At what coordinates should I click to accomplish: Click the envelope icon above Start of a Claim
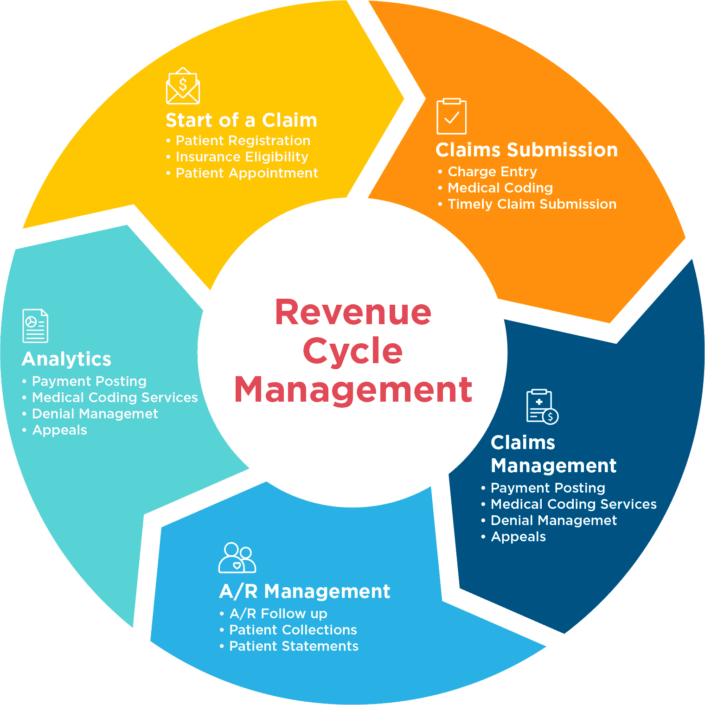(183, 86)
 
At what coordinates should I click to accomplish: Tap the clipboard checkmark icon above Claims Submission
(451, 116)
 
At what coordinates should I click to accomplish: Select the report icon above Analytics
(35, 326)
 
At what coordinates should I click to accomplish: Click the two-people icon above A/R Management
(237, 558)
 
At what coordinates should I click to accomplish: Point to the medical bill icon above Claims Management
(542, 407)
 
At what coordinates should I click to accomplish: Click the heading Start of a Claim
(241, 121)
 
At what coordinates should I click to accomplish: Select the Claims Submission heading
(526, 150)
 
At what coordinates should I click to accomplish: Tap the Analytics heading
(66, 359)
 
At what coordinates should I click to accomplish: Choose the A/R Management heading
(304, 591)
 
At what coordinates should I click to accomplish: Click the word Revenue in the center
(353, 312)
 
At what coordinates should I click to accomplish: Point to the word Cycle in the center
(352, 351)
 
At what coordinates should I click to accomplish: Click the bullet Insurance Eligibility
(242, 157)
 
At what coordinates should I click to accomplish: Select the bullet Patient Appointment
(247, 173)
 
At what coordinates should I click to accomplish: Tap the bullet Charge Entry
(492, 172)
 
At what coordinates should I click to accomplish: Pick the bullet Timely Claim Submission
(532, 205)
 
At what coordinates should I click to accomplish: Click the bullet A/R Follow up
(278, 614)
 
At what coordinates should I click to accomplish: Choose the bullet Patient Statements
(294, 647)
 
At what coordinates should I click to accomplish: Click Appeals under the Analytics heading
(59, 430)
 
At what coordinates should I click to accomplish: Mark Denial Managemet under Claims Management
(553, 521)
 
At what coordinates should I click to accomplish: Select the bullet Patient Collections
(293, 630)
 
